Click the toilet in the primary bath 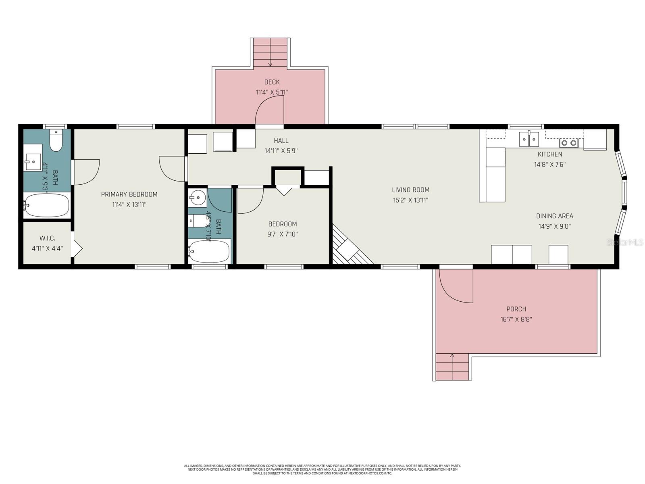pyautogui.click(x=56, y=140)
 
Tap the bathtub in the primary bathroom pyautogui.click(x=46, y=205)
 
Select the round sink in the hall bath pyautogui.click(x=198, y=197)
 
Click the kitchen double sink pyautogui.click(x=528, y=139)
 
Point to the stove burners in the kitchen pyautogui.click(x=568, y=143)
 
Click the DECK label pyautogui.click(x=272, y=82)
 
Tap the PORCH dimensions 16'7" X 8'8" pyautogui.click(x=516, y=319)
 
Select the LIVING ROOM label pyautogui.click(x=410, y=190)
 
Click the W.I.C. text pyautogui.click(x=47, y=238)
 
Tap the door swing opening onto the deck pyautogui.click(x=269, y=110)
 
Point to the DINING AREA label pyautogui.click(x=554, y=216)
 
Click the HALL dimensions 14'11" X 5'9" pyautogui.click(x=281, y=151)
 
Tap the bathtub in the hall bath pyautogui.click(x=209, y=251)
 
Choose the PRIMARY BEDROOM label pyautogui.click(x=129, y=194)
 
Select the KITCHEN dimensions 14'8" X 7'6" pyautogui.click(x=549, y=165)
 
